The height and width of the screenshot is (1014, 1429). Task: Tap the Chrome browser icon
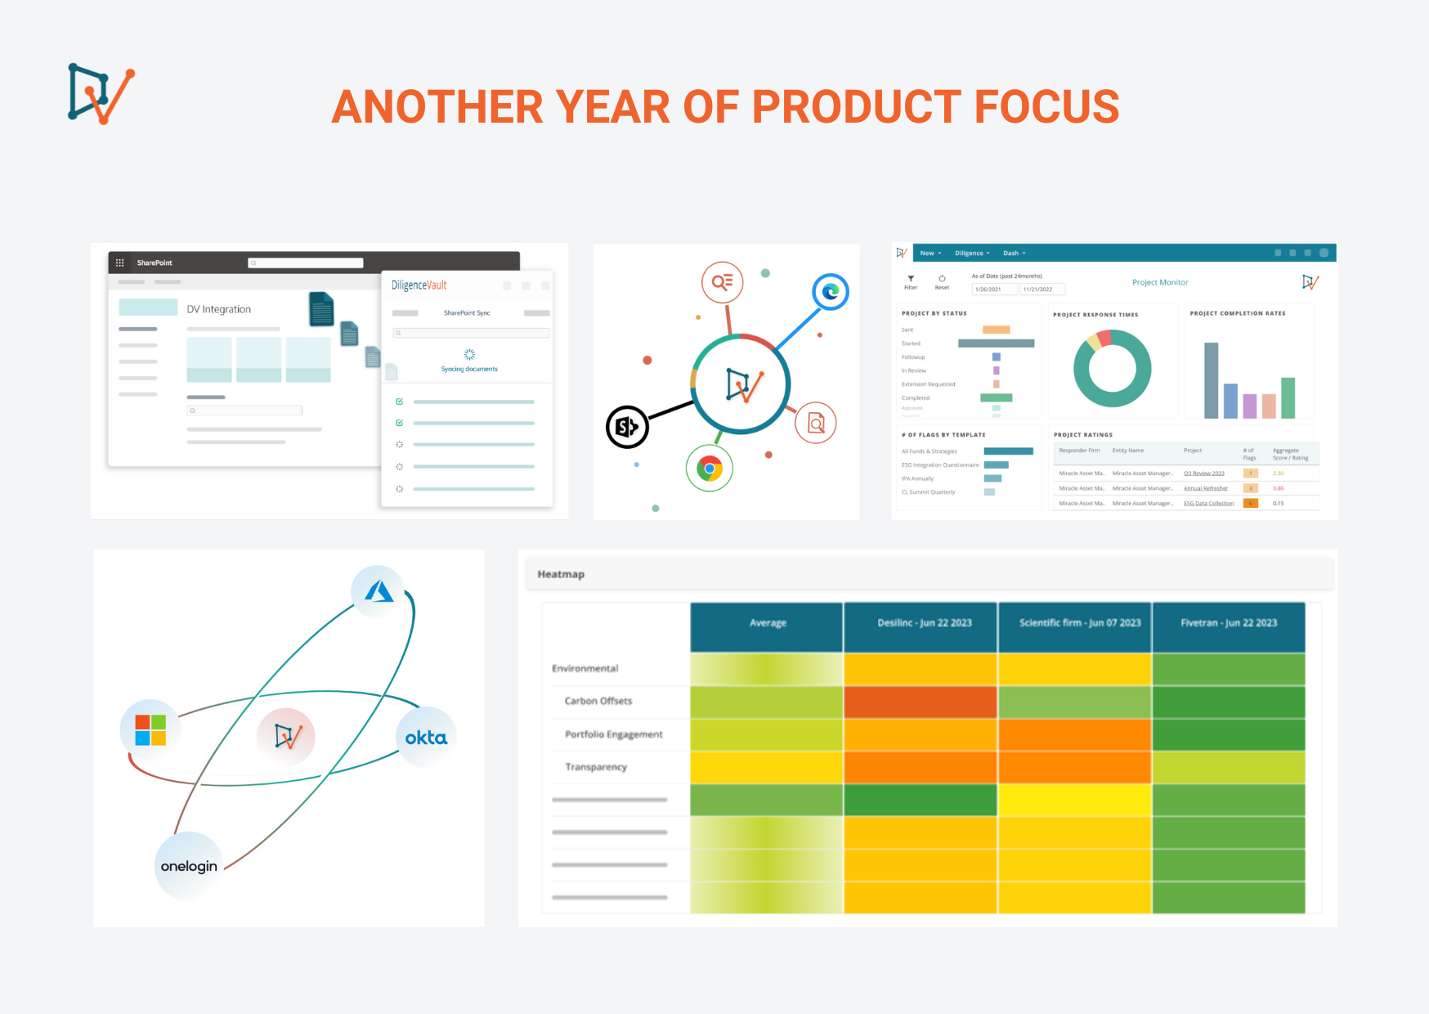coord(710,469)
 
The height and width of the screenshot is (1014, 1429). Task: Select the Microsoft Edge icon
coord(831,292)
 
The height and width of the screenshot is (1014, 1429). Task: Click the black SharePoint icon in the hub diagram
coord(627,426)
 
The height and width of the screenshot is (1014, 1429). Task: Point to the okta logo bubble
coord(426,738)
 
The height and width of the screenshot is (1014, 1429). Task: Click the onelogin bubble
coord(189,866)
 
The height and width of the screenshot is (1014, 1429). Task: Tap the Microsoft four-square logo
coord(150,729)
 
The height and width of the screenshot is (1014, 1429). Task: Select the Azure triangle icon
coord(378,591)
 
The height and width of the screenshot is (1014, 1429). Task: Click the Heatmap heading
coord(561,574)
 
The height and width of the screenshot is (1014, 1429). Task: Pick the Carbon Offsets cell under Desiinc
coord(920,702)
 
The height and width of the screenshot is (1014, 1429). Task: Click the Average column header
coord(767,623)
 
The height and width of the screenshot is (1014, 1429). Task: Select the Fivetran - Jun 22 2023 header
coord(1228,623)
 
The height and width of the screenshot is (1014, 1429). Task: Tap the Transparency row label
coord(595,767)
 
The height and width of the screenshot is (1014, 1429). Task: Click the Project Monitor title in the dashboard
coord(1159,282)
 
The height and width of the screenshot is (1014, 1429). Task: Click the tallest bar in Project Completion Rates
coord(1211,380)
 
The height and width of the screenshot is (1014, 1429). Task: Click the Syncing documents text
coord(469,369)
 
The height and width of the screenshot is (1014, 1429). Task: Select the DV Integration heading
coord(218,309)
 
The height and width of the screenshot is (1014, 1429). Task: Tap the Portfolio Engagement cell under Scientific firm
coord(1074,734)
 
